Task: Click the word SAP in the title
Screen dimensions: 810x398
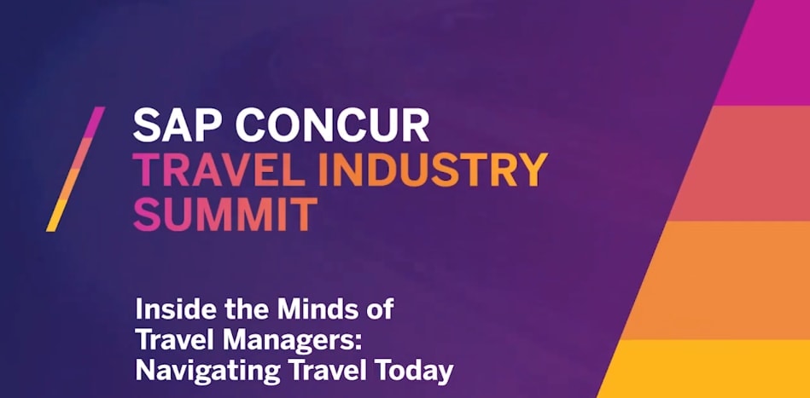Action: click(x=178, y=126)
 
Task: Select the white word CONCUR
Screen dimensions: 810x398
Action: click(x=333, y=126)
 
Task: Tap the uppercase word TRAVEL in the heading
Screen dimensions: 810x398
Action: click(x=219, y=170)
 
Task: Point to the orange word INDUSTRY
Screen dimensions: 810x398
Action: click(x=432, y=170)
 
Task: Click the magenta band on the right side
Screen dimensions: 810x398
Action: click(x=764, y=53)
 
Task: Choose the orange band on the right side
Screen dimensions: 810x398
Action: click(x=718, y=280)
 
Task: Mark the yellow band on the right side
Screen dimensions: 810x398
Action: click(x=705, y=369)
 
